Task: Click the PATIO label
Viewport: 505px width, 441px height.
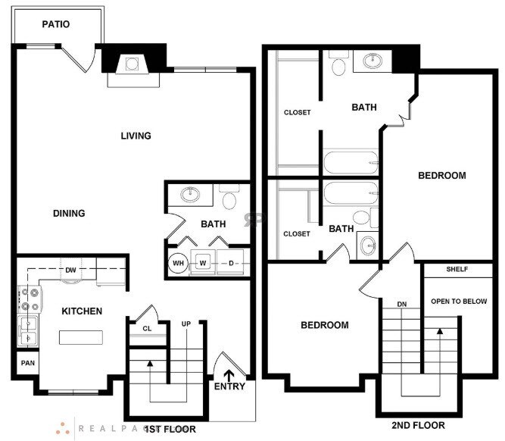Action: point(56,24)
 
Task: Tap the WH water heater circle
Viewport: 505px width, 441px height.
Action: point(179,264)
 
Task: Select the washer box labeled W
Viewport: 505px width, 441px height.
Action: point(203,263)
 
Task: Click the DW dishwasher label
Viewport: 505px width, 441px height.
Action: point(70,270)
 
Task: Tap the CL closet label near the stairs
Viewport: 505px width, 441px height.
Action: point(148,328)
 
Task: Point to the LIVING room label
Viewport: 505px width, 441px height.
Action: point(136,136)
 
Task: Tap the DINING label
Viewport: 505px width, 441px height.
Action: point(69,213)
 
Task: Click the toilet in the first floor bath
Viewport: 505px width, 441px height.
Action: point(229,200)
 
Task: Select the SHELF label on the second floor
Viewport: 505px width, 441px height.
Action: point(457,269)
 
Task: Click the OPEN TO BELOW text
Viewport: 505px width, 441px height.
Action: point(458,302)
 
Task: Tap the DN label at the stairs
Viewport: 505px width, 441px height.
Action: point(403,305)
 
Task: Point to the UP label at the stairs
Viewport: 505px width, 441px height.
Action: point(185,324)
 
